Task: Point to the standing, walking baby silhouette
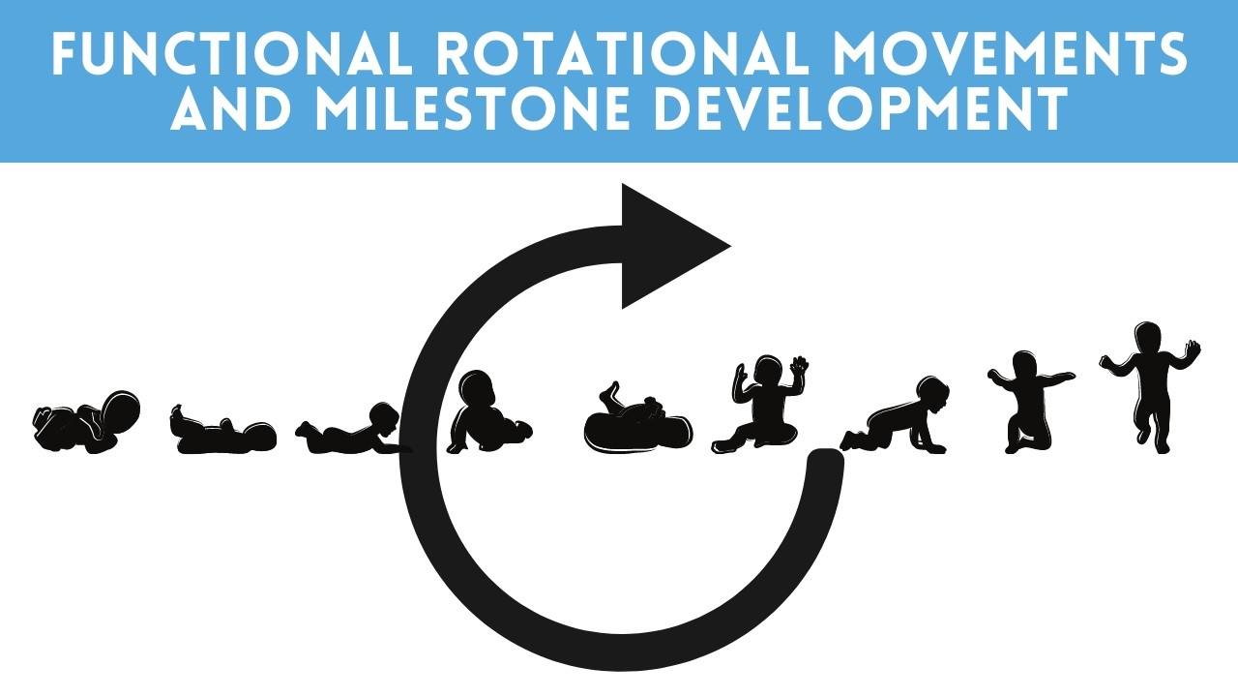click(x=1150, y=382)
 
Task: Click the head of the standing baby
click(x=1147, y=338)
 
